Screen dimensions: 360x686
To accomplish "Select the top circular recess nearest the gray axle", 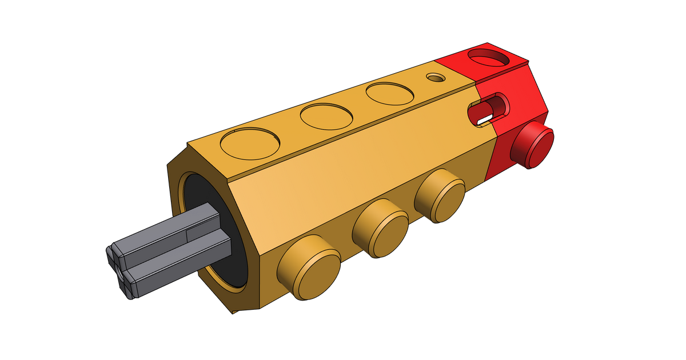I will (250, 143).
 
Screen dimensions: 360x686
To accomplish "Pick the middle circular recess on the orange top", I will (326, 117).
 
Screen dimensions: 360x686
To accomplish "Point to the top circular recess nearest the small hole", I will (390, 94).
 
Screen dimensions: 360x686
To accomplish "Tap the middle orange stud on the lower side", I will (380, 232).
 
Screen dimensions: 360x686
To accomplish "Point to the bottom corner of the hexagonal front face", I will (234, 311).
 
